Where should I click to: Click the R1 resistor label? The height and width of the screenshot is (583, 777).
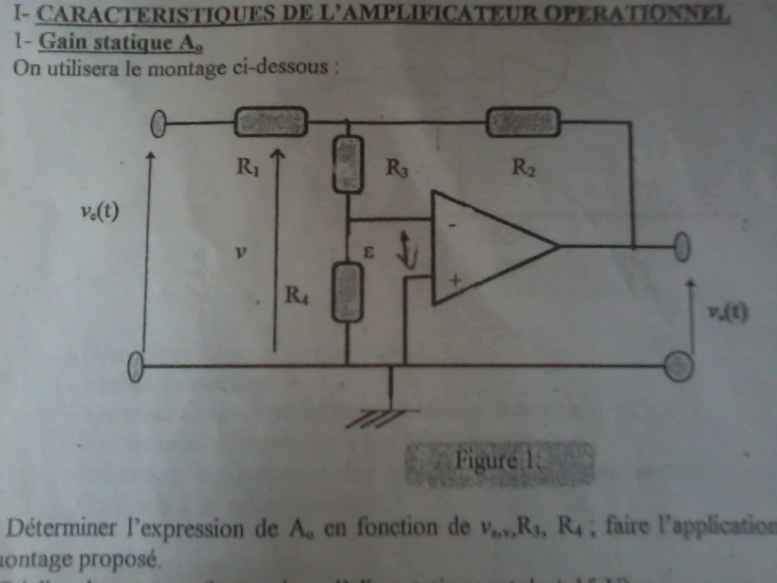(x=248, y=167)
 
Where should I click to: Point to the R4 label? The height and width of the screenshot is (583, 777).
(x=297, y=295)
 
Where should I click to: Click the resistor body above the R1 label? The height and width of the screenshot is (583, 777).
(x=271, y=121)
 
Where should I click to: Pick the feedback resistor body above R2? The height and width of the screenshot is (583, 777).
(x=523, y=121)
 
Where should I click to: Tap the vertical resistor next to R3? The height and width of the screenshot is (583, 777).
(x=348, y=164)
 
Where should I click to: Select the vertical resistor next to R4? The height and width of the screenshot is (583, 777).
(x=348, y=291)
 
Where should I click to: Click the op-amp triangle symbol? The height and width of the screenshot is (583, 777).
(x=486, y=248)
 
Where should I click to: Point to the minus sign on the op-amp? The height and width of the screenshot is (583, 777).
(x=452, y=225)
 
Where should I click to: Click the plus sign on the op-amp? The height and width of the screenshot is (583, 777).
(x=455, y=280)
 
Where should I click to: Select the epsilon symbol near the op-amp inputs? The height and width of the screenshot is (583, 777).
(x=369, y=252)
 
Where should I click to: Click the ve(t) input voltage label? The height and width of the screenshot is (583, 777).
(x=100, y=212)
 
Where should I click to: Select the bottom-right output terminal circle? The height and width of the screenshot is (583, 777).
(x=678, y=367)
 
